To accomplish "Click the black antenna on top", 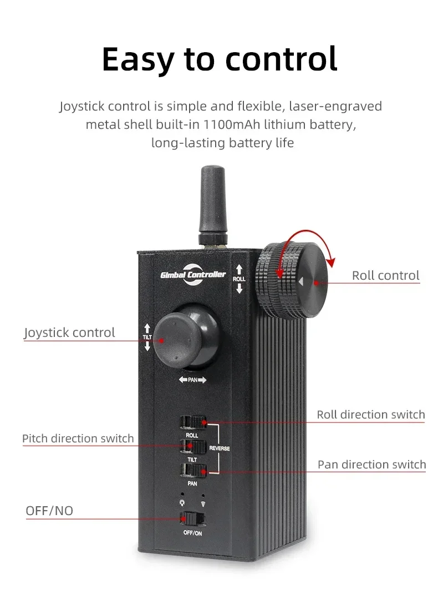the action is (212, 206).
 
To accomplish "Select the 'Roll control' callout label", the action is (385, 275).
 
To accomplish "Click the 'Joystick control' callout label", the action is (69, 332).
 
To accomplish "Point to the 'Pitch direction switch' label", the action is (78, 438).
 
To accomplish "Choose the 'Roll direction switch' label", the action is (371, 415).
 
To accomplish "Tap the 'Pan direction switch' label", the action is (371, 465).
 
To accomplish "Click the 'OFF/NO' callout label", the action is (49, 511).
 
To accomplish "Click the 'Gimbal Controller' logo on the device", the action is (193, 275).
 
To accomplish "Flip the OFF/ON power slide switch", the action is (192, 518).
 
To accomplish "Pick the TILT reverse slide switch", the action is (193, 447).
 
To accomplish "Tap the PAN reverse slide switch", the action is (193, 471).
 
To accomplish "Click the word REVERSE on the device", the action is (219, 448).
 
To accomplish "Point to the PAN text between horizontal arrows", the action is (193, 380).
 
